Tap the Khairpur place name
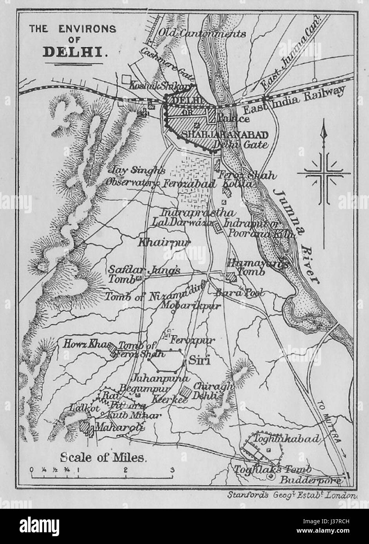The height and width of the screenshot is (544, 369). pos(163,243)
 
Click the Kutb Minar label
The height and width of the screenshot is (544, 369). pos(134,415)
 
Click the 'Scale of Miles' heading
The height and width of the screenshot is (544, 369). pos(103,456)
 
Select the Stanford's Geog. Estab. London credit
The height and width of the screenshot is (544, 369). pos(292,495)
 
